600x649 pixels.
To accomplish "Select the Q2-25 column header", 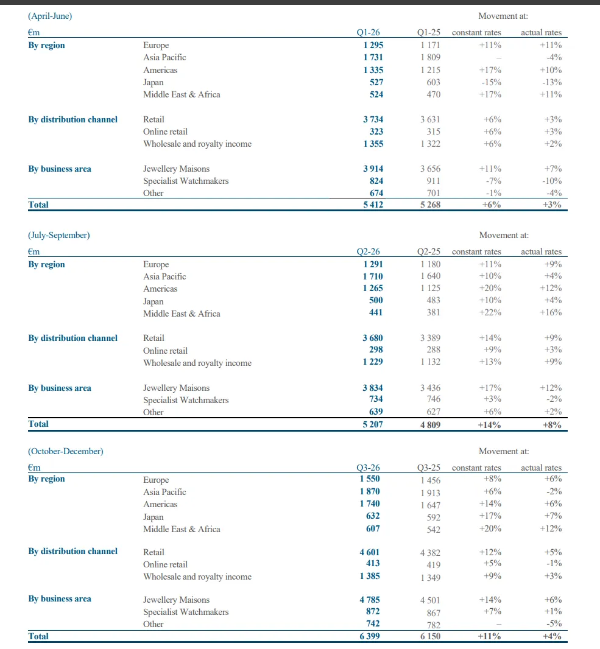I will (x=429, y=251).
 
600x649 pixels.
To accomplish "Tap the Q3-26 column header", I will (x=368, y=468).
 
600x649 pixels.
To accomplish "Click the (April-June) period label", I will (x=50, y=16).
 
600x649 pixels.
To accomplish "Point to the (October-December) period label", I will (x=66, y=451).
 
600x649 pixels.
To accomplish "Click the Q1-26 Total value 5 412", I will (x=373, y=205).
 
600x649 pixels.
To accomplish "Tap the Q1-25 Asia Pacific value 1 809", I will (x=430, y=57).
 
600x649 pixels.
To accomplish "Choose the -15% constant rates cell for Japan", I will (x=491, y=82).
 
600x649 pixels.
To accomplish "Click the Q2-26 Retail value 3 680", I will (x=373, y=338).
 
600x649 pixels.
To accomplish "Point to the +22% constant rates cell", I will (x=491, y=313).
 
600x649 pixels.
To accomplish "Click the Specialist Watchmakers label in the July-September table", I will (x=186, y=400).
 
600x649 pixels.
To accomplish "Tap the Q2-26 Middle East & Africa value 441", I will (x=375, y=313).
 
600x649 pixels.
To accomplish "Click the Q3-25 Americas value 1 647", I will (x=430, y=505).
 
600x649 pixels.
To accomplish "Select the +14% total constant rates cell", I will (x=490, y=424).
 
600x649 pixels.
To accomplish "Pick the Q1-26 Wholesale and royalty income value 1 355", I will (x=373, y=144).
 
